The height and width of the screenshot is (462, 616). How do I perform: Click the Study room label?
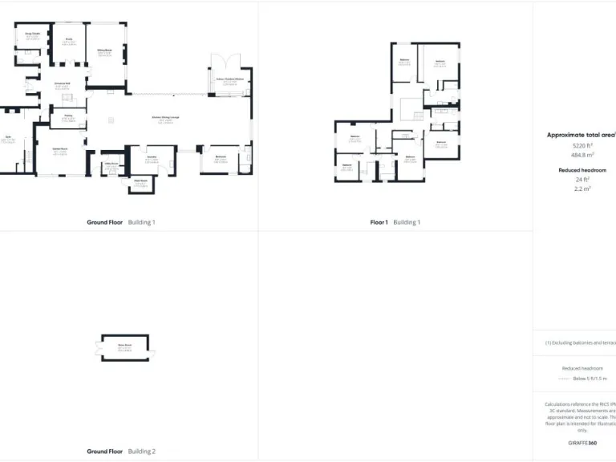[x=69, y=38]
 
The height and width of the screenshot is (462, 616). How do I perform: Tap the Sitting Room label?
[x=104, y=51]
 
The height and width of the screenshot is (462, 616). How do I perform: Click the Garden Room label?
[x=59, y=150]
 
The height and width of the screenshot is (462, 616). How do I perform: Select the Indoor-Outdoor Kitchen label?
[x=230, y=80]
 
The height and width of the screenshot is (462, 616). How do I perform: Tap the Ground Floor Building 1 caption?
[x=120, y=222]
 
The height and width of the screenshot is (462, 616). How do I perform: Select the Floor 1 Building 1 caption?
[x=395, y=222]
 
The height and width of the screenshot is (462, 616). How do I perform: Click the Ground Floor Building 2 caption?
[x=120, y=452]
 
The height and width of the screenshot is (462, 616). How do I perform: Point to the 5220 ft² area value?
[x=582, y=146]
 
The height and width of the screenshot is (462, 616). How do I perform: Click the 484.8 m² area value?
[x=582, y=156]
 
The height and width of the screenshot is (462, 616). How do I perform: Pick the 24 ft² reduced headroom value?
[x=582, y=180]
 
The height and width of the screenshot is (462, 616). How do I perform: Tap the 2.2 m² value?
[x=582, y=189]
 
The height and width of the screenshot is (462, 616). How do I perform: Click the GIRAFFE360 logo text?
[x=582, y=443]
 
